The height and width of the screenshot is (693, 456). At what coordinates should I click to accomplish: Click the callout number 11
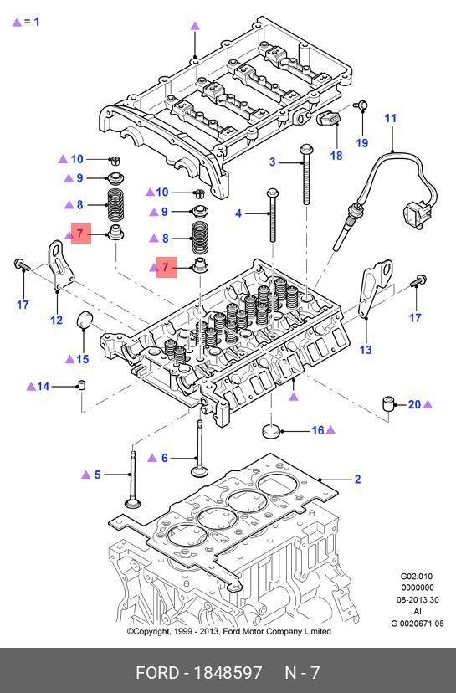click(x=390, y=119)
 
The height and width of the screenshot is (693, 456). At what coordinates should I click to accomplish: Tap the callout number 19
click(x=362, y=143)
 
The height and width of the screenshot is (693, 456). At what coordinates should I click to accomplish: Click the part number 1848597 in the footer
click(x=228, y=673)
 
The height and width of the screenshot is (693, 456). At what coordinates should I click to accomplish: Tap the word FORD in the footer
click(x=157, y=673)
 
